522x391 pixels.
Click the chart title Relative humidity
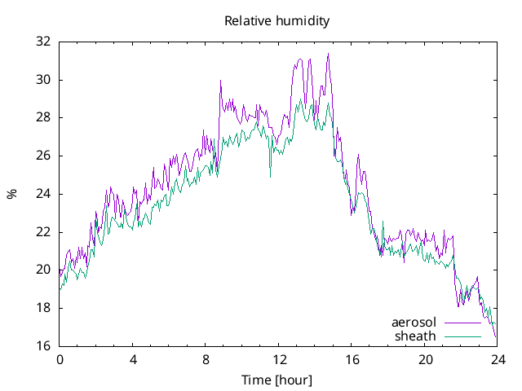(x=277, y=21)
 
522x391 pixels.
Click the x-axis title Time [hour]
(x=277, y=380)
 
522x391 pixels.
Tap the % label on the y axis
(x=11, y=194)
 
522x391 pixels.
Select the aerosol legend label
(x=414, y=323)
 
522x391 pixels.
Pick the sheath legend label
(x=415, y=336)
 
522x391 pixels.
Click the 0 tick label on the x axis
(x=60, y=360)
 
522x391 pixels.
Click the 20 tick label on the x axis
(x=424, y=360)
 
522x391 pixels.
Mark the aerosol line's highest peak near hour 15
(x=328, y=54)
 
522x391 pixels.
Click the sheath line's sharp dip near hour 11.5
(x=270, y=176)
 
